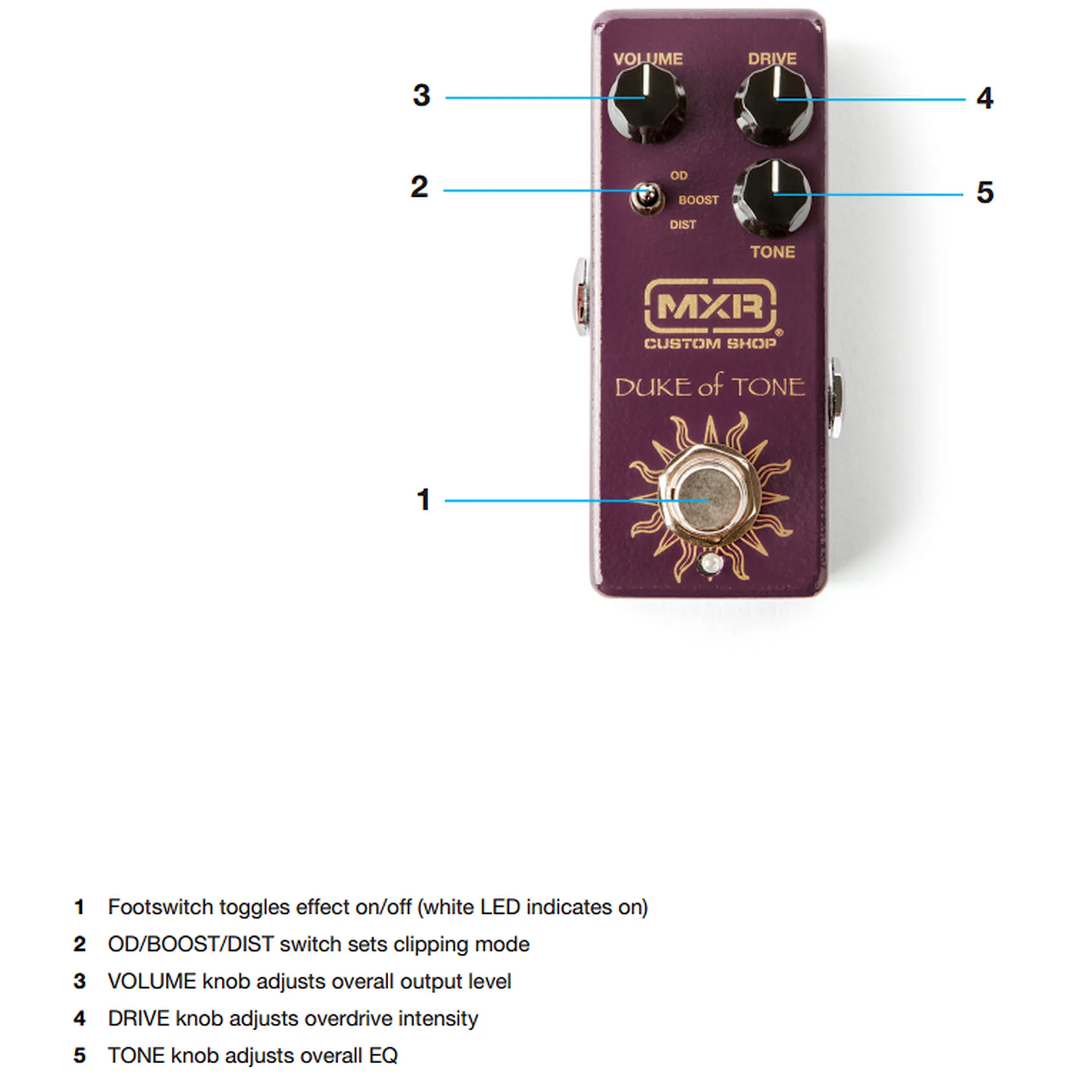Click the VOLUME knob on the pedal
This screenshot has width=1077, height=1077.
[x=647, y=104]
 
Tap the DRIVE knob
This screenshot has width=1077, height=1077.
[x=773, y=106]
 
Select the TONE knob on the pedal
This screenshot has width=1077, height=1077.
[x=772, y=200]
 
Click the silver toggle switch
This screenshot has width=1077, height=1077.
[x=647, y=198]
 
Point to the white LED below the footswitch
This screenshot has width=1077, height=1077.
[x=709, y=564]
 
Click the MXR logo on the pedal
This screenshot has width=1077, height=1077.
[x=710, y=306]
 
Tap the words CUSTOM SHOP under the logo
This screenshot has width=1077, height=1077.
[x=710, y=344]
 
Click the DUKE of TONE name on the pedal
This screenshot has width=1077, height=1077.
[x=710, y=387]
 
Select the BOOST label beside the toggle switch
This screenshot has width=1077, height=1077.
[x=698, y=200]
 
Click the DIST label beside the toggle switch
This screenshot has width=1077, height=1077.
[x=683, y=225]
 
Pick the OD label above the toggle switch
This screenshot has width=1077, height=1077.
[x=679, y=176]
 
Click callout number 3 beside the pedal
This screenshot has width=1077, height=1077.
[x=422, y=95]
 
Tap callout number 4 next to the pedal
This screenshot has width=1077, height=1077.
[x=984, y=99]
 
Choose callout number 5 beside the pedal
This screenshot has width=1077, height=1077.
[x=984, y=193]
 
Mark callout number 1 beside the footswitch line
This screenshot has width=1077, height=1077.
[x=424, y=500]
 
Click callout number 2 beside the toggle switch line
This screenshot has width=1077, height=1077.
[x=419, y=187]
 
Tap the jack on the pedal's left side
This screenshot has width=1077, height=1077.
[x=582, y=297]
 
